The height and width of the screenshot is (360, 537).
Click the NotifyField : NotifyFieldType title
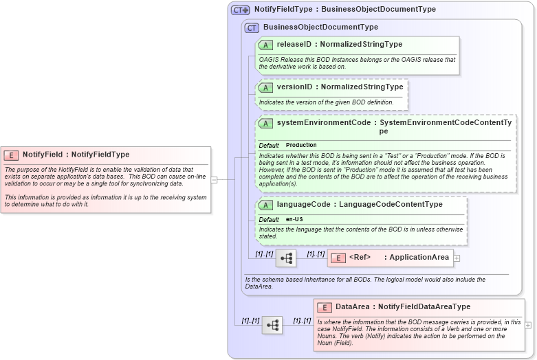76,155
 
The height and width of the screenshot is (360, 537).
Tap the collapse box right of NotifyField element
214,180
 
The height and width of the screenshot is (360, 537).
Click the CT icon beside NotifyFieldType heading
240,10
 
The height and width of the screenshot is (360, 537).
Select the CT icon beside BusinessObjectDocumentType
252,27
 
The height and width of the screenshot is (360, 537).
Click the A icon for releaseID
265,45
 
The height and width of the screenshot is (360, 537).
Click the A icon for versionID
265,88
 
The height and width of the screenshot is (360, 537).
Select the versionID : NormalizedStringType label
340,87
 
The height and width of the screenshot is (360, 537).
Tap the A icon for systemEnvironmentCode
265,124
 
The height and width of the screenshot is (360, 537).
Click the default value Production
301,146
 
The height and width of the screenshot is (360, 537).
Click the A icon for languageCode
265,205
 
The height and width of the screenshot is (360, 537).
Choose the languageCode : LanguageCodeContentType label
359,205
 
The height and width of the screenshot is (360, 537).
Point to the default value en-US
294,219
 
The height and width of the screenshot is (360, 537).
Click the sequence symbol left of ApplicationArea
286,258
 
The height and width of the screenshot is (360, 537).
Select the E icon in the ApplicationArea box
338,258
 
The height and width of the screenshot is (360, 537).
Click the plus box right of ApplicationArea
457,258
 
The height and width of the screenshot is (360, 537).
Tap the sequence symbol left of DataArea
272,325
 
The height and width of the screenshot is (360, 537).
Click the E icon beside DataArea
324,307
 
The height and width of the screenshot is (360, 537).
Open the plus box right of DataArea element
528,325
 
